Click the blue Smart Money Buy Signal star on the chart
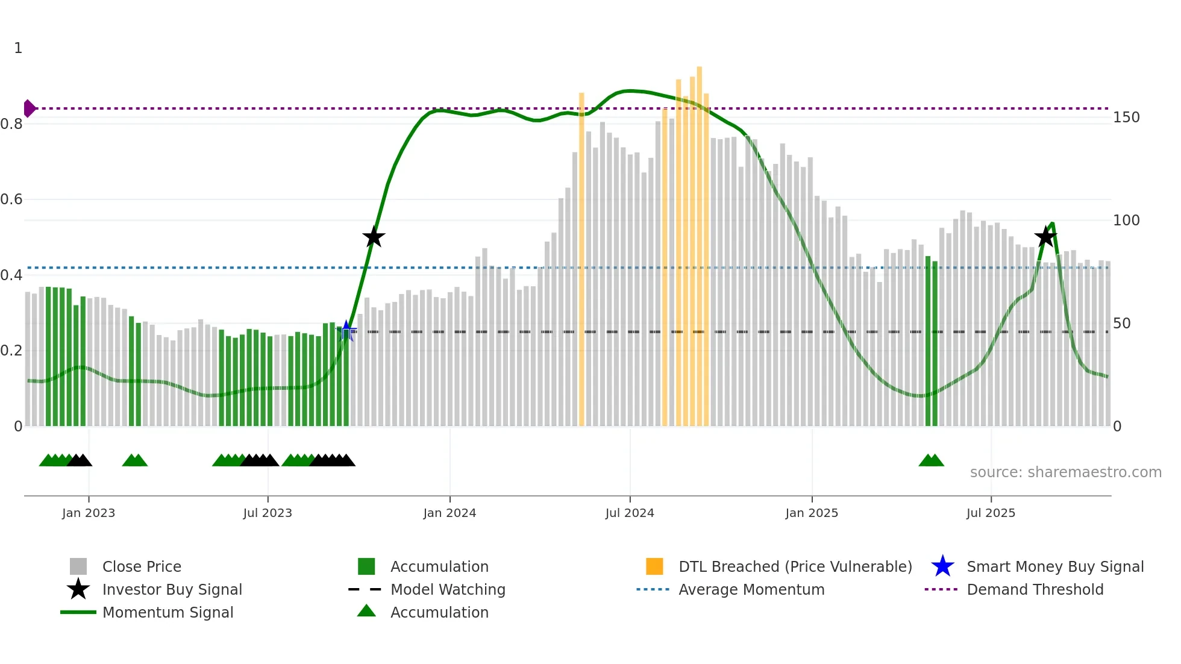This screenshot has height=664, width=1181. click(x=346, y=331)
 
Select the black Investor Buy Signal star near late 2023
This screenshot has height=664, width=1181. click(x=374, y=237)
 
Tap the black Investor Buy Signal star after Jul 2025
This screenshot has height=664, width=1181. click(x=1045, y=236)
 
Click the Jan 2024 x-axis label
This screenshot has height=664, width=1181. click(x=450, y=513)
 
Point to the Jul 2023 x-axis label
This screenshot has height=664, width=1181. click(x=268, y=513)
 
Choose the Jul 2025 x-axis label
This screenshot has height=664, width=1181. click(x=991, y=513)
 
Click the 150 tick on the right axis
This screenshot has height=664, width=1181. click(x=1126, y=117)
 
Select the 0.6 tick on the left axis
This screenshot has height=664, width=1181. click(x=11, y=199)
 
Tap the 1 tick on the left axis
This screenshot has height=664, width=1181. click(x=18, y=48)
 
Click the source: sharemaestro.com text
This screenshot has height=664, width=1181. click(x=1065, y=472)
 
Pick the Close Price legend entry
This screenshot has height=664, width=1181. click(x=142, y=567)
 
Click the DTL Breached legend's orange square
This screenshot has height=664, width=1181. click(x=654, y=566)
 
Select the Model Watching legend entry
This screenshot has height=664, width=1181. click(x=447, y=590)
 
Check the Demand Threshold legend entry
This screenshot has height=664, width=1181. click(x=1035, y=590)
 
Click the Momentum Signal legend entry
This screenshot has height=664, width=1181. click(x=168, y=613)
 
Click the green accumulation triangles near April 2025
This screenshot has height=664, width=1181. click(x=931, y=461)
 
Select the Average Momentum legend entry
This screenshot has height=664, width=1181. click(x=751, y=590)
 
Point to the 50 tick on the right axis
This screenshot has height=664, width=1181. click(x=1121, y=324)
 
